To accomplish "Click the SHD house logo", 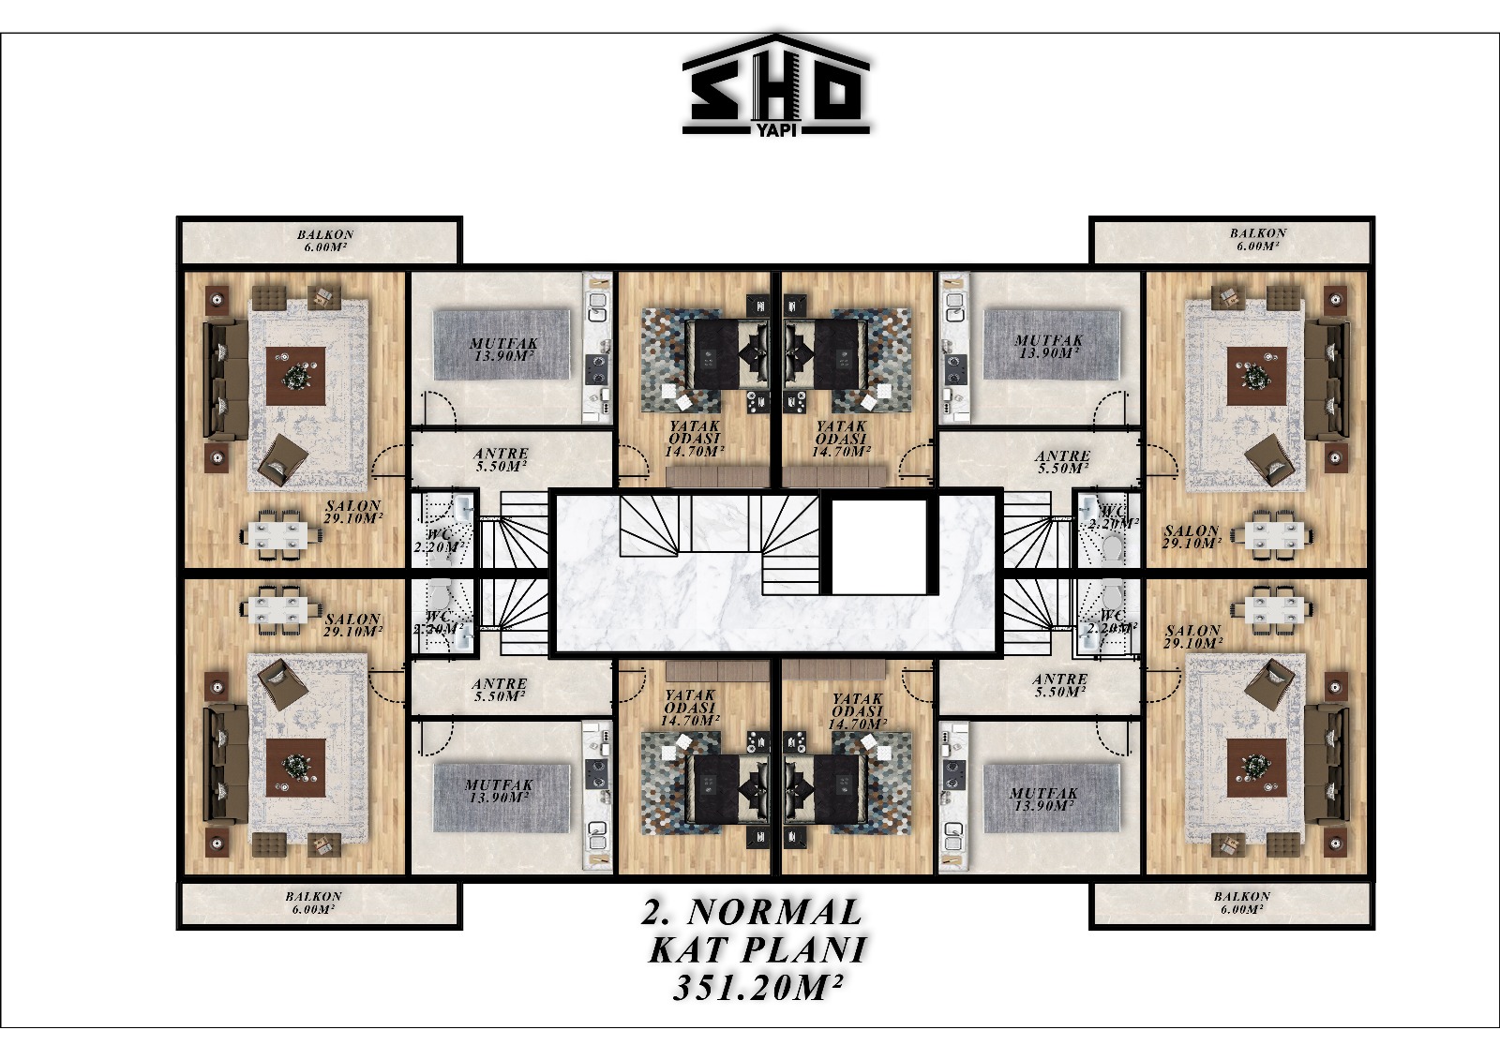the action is coord(776,84).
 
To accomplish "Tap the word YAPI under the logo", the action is coord(776,130).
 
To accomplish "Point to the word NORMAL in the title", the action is coord(774,911).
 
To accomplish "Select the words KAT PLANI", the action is coord(758,949).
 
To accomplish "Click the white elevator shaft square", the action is coord(878,546).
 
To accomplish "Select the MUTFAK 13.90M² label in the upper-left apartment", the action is coord(503,350).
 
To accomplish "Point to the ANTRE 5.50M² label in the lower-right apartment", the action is coord(1060,685).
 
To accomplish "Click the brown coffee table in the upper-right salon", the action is coord(1256,377).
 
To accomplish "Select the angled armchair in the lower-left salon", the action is coord(283,684).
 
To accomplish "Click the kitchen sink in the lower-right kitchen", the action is coord(953,834).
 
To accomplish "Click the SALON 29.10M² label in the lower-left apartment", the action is coord(353,625).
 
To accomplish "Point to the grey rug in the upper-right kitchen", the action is coord(1051,344).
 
